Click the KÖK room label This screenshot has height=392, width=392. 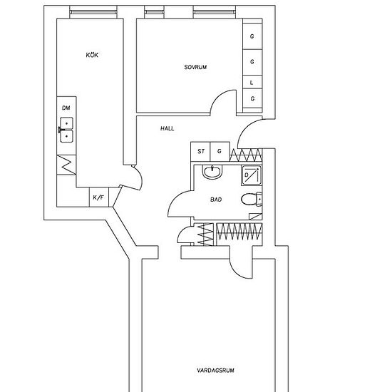pyautogui.click(x=92, y=55)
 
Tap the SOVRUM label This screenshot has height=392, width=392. pyautogui.click(x=195, y=67)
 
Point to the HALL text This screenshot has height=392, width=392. pyautogui.click(x=167, y=128)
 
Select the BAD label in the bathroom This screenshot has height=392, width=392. pyautogui.click(x=216, y=200)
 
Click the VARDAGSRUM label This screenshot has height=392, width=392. pyautogui.click(x=215, y=370)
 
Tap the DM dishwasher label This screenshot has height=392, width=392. pyautogui.click(x=66, y=108)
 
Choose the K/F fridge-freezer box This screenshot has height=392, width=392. pyautogui.click(x=99, y=197)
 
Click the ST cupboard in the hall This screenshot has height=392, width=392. pyautogui.click(x=200, y=152)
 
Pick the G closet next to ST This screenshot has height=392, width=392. pyautogui.click(x=220, y=152)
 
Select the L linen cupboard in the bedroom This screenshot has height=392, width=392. pyautogui.click(x=252, y=82)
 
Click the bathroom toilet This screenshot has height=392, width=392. pyautogui.click(x=252, y=200)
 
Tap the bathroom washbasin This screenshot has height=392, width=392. pyautogui.click(x=212, y=172)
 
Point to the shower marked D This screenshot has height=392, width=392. pyautogui.click(x=252, y=175)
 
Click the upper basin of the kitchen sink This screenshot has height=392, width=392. pyautogui.click(x=66, y=123)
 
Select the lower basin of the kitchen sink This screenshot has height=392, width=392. pyautogui.click(x=66, y=137)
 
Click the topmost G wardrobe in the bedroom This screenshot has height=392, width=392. pyautogui.click(x=252, y=36)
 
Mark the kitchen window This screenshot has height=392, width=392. pyautogui.click(x=93, y=12)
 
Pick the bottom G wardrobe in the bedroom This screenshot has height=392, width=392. pyautogui.click(x=252, y=98)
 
